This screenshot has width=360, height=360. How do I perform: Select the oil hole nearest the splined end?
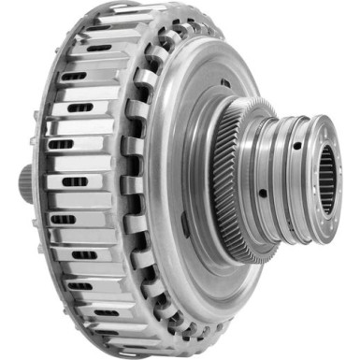(296, 146)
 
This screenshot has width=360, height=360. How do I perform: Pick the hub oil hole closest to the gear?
(264, 194)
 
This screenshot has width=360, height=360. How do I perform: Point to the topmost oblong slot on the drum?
(98, 48)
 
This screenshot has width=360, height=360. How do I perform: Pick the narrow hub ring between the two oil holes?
(280, 173)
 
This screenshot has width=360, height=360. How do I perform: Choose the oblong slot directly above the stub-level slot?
(62, 144)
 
